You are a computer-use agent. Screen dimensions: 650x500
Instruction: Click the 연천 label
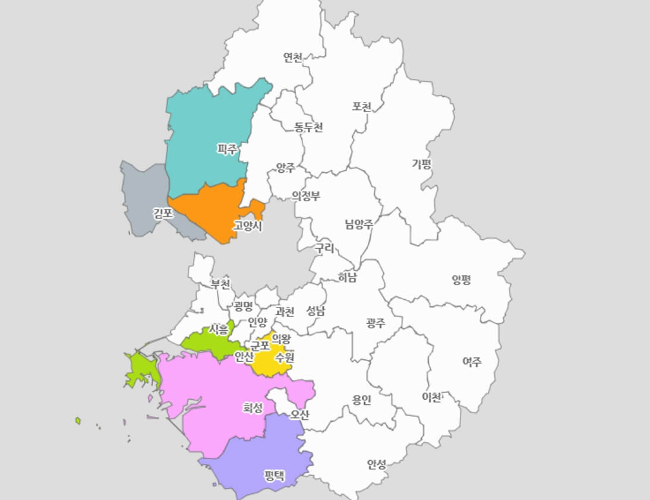pos(293,58)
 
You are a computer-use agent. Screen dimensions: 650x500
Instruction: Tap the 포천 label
pos(362,107)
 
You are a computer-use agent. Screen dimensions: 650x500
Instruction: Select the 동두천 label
pos(309,127)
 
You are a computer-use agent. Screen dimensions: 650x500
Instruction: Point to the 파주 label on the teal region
pos(228,149)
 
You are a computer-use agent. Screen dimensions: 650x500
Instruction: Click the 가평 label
pos(422,164)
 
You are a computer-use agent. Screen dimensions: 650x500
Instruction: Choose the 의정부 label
pos(306,196)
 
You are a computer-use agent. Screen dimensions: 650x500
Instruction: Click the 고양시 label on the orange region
pos(248,226)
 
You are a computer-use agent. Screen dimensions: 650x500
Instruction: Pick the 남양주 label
pos(359,224)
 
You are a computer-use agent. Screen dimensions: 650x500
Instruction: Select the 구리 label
pos(325,248)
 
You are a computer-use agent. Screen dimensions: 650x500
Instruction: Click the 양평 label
pos(461,279)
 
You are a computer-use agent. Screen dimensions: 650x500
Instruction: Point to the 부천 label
pos(221,284)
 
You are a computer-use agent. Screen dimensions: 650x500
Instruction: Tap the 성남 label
pos(316,310)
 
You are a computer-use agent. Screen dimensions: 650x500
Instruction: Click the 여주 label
pos(472,360)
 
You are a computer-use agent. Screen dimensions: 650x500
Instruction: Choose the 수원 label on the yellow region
pos(285,357)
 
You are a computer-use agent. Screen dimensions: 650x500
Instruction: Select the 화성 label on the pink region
pos(253,407)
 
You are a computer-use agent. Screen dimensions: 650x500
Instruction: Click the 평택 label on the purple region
pos(274,475)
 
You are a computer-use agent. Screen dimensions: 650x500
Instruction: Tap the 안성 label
pos(377,464)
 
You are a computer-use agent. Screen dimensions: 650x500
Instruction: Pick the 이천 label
pos(432,397)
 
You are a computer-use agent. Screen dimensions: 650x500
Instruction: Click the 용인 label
pos(361,399)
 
